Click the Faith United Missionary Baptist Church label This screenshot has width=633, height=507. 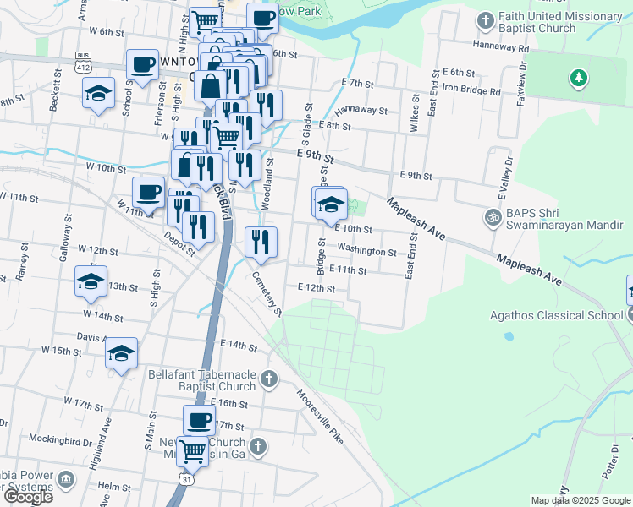point(560,23)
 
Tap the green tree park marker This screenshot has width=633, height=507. point(579,79)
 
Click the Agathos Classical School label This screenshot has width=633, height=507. point(557,315)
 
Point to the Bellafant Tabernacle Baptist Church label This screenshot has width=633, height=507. point(201,379)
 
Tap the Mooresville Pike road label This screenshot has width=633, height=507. point(321,418)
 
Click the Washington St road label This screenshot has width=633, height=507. point(366,251)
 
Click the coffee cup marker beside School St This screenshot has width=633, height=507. point(142,63)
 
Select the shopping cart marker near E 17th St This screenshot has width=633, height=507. point(193,451)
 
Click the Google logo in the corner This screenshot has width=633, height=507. point(28,497)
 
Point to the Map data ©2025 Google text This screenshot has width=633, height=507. point(581,500)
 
